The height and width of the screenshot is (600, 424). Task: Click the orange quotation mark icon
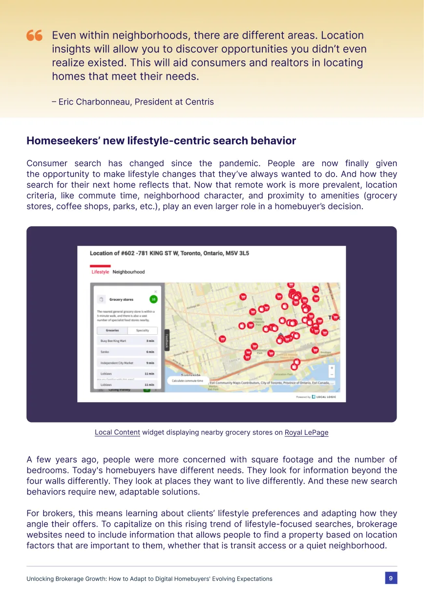click(x=34, y=35)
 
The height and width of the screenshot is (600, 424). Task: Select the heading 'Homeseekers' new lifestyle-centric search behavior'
click(x=161, y=141)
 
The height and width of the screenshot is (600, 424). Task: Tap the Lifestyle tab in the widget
click(x=100, y=272)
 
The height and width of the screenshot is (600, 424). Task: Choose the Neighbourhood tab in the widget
click(x=128, y=272)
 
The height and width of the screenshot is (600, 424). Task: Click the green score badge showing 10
click(x=153, y=299)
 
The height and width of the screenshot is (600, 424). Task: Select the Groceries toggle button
click(x=112, y=331)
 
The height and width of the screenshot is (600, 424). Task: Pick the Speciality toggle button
click(x=143, y=331)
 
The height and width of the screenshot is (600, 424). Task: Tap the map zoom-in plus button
click(x=332, y=368)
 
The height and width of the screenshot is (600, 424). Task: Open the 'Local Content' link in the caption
click(x=117, y=432)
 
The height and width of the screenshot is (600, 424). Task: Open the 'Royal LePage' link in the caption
click(x=306, y=432)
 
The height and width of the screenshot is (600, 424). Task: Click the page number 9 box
click(x=391, y=578)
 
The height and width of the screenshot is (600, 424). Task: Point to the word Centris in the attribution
click(x=199, y=102)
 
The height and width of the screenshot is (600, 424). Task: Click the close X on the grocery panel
click(x=156, y=292)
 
